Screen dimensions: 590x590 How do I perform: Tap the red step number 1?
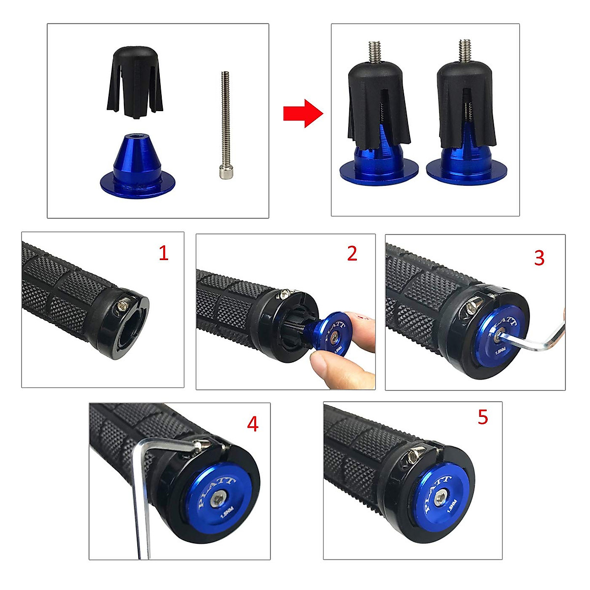pos(163,253)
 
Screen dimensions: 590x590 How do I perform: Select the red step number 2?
pos(352,253)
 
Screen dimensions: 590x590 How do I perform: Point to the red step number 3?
pos(539,258)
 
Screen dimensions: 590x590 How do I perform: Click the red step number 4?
pos(252,424)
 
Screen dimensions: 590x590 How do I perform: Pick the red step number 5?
pos(483,417)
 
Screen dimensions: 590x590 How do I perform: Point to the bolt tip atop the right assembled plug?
pos(465,51)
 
